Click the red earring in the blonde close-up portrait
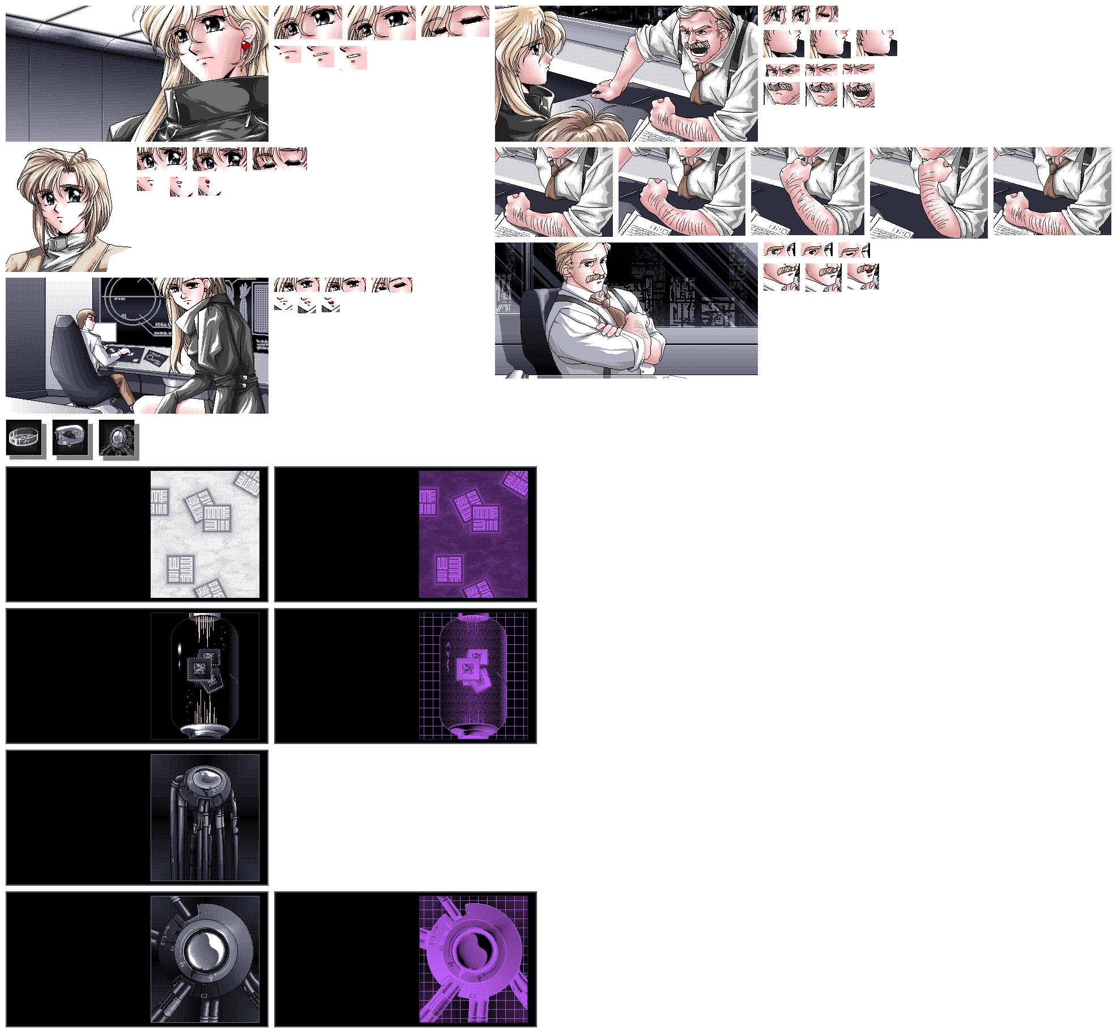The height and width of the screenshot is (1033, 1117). (246, 45)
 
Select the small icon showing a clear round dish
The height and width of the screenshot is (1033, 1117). (24, 437)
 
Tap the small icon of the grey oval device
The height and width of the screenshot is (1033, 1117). (70, 437)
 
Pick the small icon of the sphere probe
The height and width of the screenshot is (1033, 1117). (117, 437)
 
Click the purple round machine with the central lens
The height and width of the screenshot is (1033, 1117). (473, 959)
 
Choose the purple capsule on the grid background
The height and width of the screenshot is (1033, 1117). (473, 675)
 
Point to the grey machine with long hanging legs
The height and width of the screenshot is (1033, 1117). (205, 817)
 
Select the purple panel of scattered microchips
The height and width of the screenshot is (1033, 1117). (473, 534)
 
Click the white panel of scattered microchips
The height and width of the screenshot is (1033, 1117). (205, 534)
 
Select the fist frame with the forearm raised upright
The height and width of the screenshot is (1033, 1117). (929, 193)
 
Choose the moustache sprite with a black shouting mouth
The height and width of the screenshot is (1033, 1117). (859, 95)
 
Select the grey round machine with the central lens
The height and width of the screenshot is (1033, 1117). (205, 959)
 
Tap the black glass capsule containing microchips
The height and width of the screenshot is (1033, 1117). (205, 675)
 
